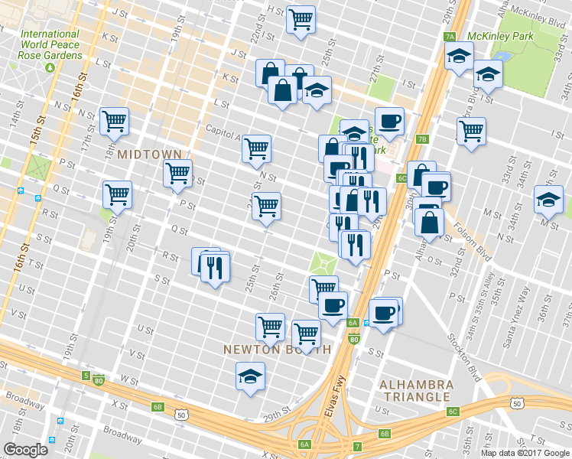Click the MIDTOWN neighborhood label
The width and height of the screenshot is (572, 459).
click(x=149, y=155)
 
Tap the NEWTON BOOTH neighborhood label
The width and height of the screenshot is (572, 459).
click(x=277, y=350)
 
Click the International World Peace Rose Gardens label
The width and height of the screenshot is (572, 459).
click(x=50, y=45)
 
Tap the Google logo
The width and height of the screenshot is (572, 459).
click(x=25, y=450)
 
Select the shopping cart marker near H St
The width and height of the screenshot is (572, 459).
click(x=301, y=18)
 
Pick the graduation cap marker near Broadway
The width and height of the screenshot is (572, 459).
click(x=249, y=376)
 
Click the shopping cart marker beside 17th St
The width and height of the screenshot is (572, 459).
click(x=114, y=119)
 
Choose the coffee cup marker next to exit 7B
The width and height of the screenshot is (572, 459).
click(x=389, y=120)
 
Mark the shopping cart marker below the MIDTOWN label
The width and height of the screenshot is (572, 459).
click(x=177, y=174)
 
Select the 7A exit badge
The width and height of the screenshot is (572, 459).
click(x=450, y=36)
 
